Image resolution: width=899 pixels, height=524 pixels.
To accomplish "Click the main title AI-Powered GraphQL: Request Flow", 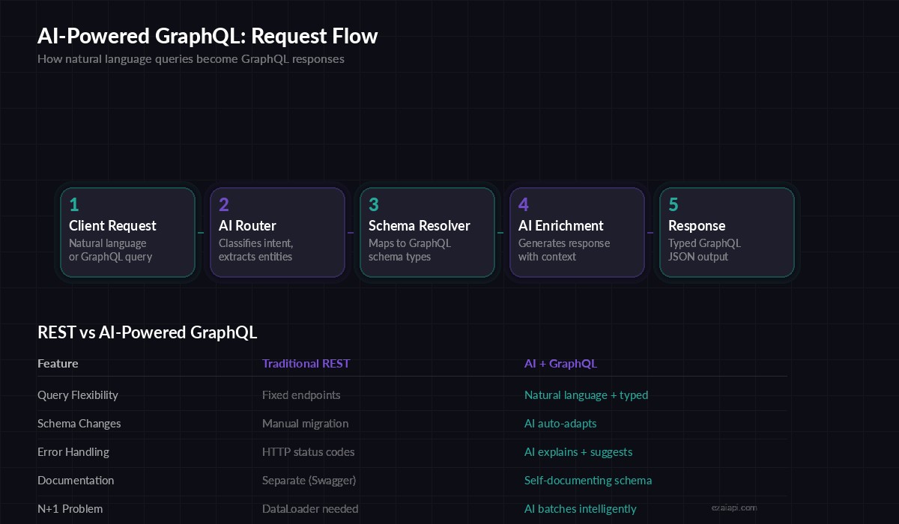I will click(x=208, y=36).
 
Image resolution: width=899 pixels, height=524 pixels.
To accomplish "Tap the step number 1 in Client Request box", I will click(x=73, y=205).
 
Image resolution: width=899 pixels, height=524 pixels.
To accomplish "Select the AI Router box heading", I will click(x=247, y=225).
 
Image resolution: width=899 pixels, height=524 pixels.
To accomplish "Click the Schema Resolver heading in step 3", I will click(x=419, y=225).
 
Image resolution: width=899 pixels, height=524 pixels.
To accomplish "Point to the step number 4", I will click(x=524, y=205).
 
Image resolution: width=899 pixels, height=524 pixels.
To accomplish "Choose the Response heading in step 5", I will click(x=697, y=225).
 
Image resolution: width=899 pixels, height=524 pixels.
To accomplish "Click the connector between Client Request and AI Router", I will click(x=201, y=233).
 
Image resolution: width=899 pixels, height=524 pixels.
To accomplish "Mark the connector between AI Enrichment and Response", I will click(x=650, y=233).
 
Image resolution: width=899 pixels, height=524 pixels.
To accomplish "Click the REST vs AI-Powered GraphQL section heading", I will click(x=147, y=332).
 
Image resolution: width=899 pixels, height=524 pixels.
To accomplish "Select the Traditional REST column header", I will click(x=306, y=364).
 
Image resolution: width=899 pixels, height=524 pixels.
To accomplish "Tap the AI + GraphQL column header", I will click(x=560, y=364).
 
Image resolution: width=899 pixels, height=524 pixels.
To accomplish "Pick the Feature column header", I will click(x=58, y=364).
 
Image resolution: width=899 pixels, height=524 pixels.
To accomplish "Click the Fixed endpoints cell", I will click(x=301, y=395).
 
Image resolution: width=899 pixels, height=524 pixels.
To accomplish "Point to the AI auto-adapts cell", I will click(x=560, y=424).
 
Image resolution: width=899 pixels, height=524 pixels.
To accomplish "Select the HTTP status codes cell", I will click(x=308, y=452).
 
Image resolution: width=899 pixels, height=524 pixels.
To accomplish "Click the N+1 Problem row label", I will click(x=70, y=509).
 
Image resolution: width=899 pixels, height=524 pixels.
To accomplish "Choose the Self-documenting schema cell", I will click(x=587, y=481).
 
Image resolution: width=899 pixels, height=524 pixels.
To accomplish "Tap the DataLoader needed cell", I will click(x=310, y=509).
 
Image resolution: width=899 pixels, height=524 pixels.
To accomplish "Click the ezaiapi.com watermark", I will click(x=733, y=507).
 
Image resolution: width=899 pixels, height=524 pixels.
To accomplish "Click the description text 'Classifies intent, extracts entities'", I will click(x=255, y=250).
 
